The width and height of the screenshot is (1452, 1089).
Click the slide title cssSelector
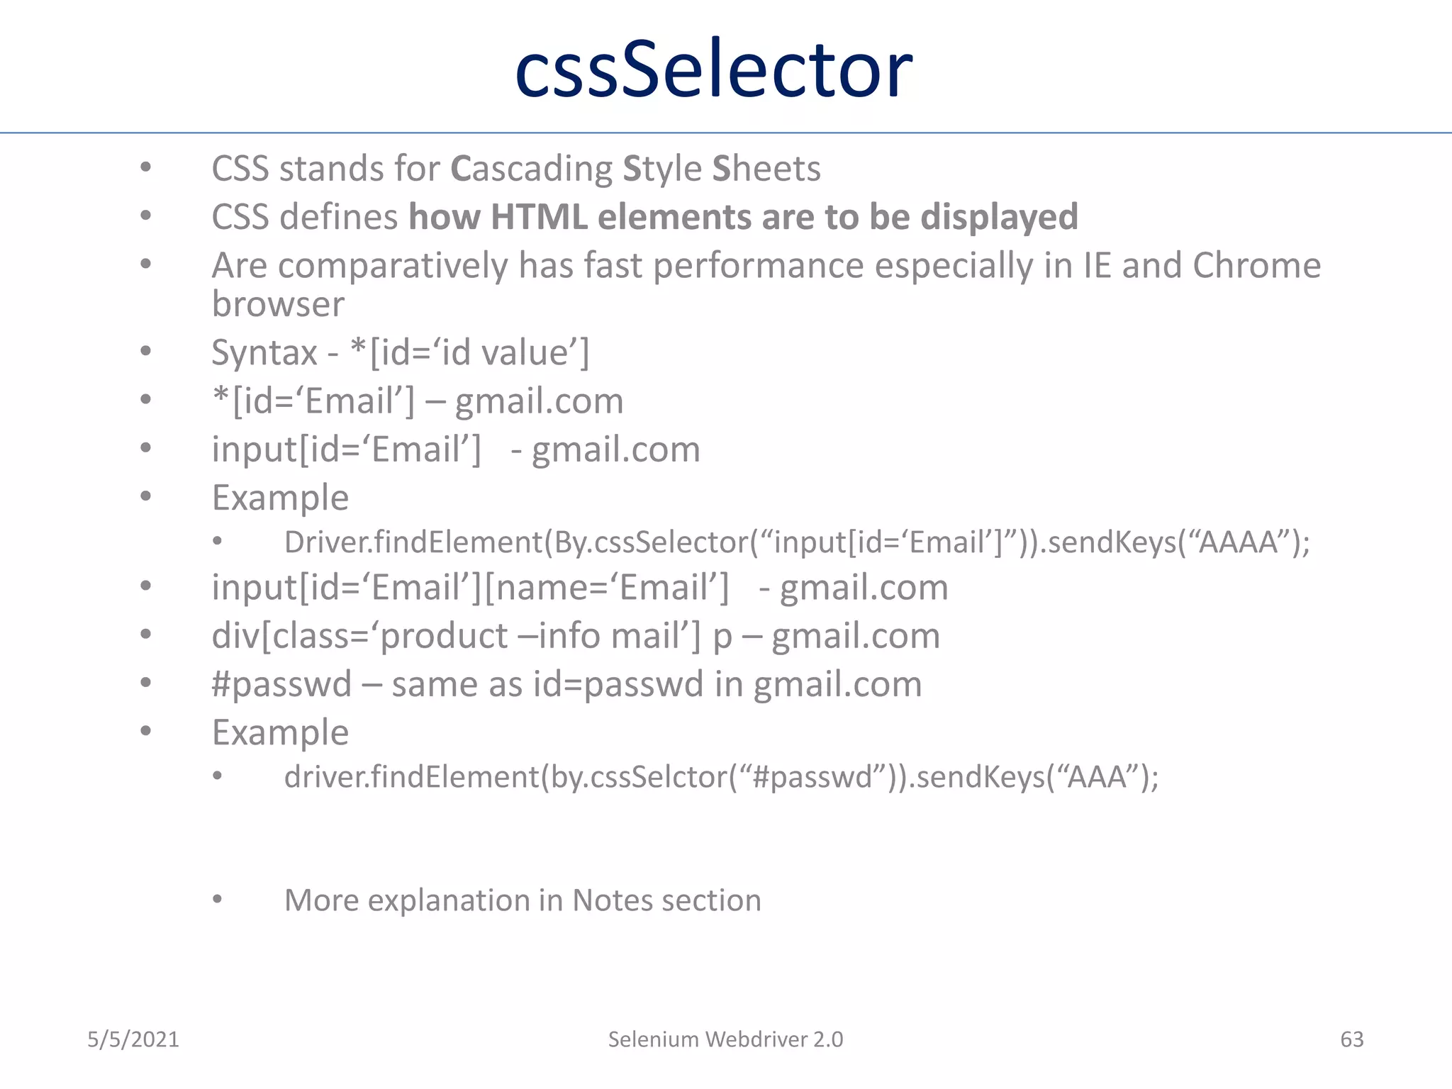[713, 69]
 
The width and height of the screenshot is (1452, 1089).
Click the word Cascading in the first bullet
[532, 169]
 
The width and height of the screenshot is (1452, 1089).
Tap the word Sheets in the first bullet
[766, 169]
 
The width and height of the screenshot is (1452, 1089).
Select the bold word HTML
[539, 217]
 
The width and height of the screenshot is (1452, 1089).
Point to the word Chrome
[1256, 266]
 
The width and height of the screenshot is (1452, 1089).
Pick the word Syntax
[264, 352]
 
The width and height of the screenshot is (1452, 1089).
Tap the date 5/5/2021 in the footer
[133, 1039]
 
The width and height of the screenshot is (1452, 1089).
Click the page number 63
[1351, 1039]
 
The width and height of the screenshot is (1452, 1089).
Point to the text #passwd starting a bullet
[281, 684]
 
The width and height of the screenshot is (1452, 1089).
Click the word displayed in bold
[999, 217]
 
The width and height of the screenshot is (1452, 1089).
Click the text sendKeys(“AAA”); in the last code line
[1037, 777]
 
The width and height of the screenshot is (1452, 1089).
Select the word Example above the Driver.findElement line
[280, 498]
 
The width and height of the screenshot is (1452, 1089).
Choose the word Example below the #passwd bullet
[280, 732]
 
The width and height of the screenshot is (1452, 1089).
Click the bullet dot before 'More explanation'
[218, 900]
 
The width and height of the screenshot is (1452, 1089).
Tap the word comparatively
[392, 266]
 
